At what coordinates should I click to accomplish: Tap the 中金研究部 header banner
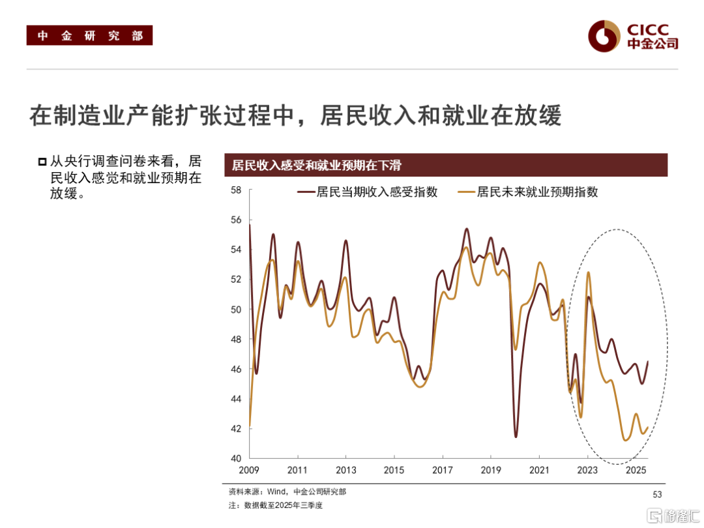coord(89,35)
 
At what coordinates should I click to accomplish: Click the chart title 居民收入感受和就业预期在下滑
coord(316,165)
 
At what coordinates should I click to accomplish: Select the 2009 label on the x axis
coord(250,470)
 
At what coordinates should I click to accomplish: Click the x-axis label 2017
coord(443,470)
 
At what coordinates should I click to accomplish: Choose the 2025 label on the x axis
coord(635,470)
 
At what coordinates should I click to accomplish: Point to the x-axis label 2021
coord(539,470)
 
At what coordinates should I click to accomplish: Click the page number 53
coord(656,495)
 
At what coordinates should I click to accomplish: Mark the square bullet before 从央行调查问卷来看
coord(42,161)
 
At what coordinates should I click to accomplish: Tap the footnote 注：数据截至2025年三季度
coord(276,505)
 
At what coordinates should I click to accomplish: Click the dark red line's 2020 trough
coord(516,436)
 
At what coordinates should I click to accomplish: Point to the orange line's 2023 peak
coord(588,272)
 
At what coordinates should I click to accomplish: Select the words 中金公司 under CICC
coord(653,44)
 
